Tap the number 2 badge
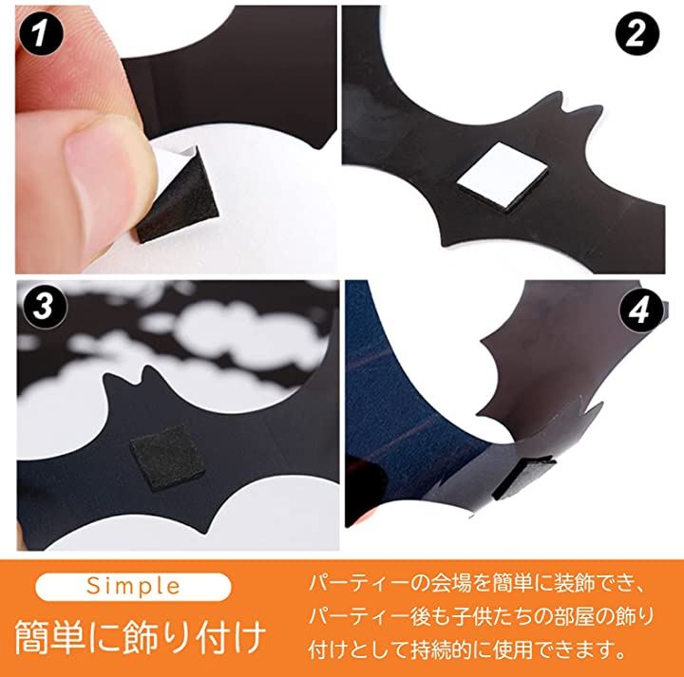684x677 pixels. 636,33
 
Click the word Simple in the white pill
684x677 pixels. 133,587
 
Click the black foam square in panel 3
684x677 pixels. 167,458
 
